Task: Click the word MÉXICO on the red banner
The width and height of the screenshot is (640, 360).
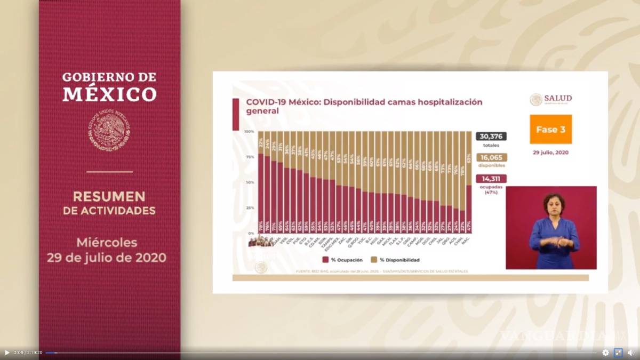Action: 109,94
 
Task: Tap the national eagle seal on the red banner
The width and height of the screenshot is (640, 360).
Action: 109,130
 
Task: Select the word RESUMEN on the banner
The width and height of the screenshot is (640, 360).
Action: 109,196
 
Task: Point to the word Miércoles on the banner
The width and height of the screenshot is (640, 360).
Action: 107,243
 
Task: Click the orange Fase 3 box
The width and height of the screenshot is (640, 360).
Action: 550,129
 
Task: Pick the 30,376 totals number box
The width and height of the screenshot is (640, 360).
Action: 491,137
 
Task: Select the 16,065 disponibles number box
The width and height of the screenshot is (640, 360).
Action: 491,157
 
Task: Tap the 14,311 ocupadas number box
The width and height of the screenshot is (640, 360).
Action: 491,179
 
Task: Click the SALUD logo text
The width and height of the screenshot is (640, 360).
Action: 558,99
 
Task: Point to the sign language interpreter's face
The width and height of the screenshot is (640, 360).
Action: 554,205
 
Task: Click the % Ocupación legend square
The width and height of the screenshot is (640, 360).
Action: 325,260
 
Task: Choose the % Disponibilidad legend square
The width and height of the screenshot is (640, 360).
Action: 374,260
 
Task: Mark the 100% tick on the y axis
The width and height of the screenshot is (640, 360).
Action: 249,131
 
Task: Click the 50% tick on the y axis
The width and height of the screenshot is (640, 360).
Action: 249,182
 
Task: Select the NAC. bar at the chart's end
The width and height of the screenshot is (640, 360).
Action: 468,209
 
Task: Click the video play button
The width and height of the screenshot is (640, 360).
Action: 7,353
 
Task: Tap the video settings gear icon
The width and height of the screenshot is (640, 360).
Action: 605,353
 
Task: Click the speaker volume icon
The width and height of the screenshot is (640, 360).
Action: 630,353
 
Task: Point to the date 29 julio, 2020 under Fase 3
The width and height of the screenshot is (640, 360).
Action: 550,153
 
